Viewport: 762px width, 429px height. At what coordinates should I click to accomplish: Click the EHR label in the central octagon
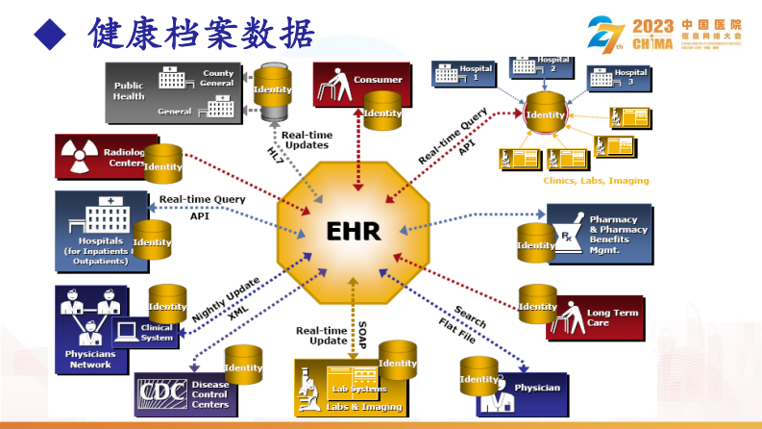tap(353, 232)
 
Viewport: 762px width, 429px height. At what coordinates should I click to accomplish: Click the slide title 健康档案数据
tap(201, 35)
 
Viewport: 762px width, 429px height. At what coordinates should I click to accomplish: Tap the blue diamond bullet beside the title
tap(50, 36)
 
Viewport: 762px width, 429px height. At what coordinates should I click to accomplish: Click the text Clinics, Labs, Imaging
tap(595, 180)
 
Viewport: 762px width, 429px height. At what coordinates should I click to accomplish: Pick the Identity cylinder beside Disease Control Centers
tap(243, 367)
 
